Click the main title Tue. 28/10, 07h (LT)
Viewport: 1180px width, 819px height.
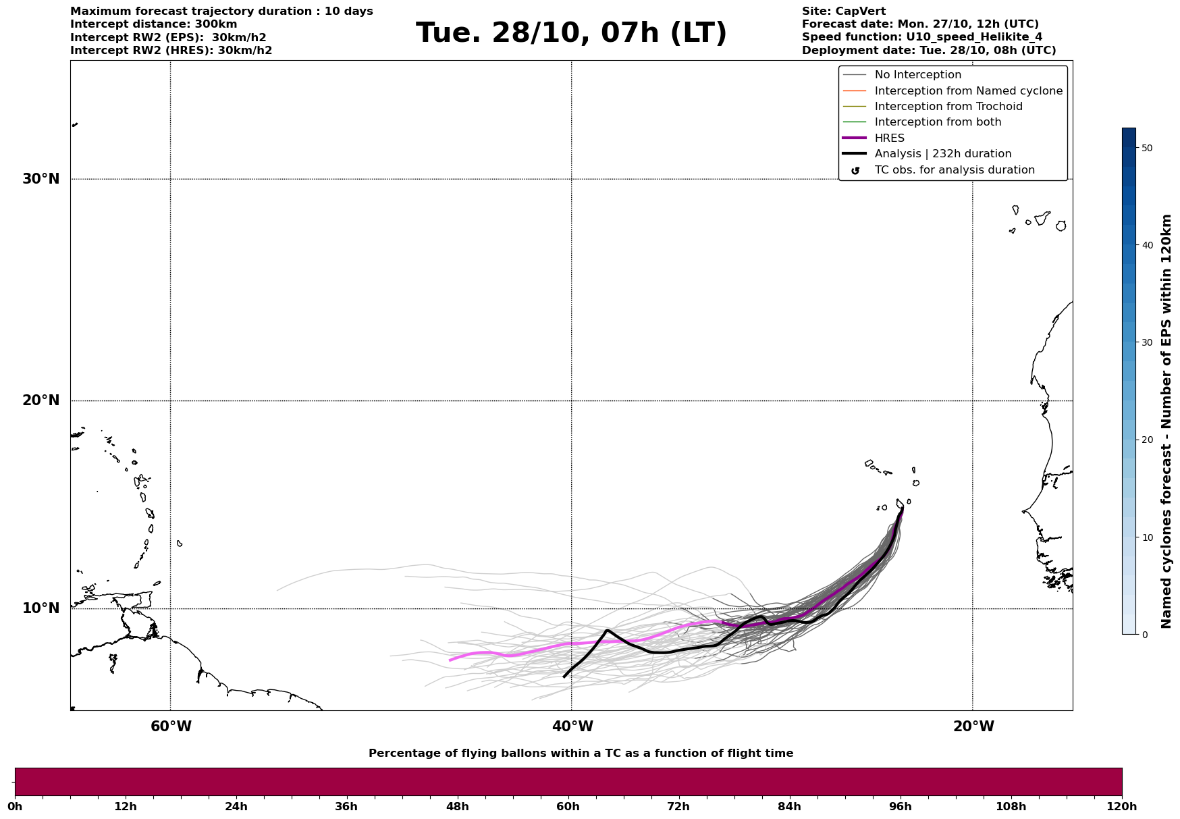tap(571, 33)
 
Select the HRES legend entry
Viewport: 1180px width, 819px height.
tap(889, 138)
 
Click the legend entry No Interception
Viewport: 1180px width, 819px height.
tap(917, 75)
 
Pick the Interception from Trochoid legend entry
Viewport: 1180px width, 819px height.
tap(948, 107)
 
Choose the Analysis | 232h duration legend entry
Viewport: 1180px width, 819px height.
tap(942, 154)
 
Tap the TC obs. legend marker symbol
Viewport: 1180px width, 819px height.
tap(855, 171)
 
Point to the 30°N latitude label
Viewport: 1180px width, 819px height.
tap(41, 179)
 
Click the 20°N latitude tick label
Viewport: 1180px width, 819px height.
tap(41, 400)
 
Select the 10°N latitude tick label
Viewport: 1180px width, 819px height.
tap(41, 608)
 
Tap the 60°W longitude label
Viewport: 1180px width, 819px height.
tap(171, 726)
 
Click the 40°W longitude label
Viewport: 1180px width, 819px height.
tap(572, 726)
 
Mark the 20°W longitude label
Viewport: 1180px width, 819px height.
tap(973, 726)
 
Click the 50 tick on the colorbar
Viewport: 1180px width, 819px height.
tap(1146, 148)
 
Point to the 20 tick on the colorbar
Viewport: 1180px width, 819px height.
tap(1146, 440)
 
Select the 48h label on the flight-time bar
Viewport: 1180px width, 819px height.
tap(457, 807)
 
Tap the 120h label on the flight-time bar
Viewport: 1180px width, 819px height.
tap(1121, 807)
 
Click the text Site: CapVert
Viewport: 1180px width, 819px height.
tap(843, 11)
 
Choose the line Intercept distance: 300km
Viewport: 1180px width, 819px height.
tap(153, 24)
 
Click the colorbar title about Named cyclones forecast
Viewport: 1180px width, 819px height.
tap(1166, 421)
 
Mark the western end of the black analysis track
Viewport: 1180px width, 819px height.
tap(564, 676)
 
